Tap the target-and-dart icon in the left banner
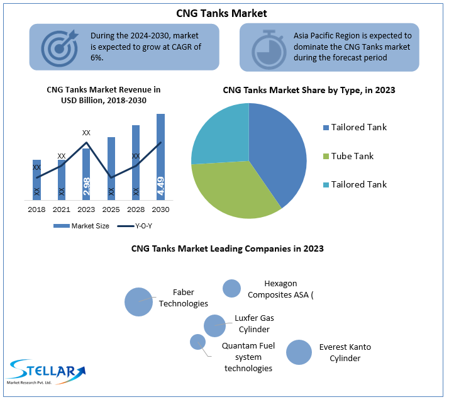pyautogui.click(x=60, y=47)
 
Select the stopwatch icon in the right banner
pyautogui.click(x=268, y=47)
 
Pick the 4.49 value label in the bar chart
pyautogui.click(x=160, y=186)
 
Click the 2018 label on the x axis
pyautogui.click(x=36, y=209)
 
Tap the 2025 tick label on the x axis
pyautogui.click(x=111, y=209)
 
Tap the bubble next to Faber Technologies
pyautogui.click(x=138, y=301)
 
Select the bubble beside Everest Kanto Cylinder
pyautogui.click(x=299, y=352)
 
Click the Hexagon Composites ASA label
pyautogui.click(x=280, y=289)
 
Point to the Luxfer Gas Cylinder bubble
pyautogui.click(x=214, y=326)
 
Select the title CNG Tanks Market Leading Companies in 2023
pyautogui.click(x=227, y=248)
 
